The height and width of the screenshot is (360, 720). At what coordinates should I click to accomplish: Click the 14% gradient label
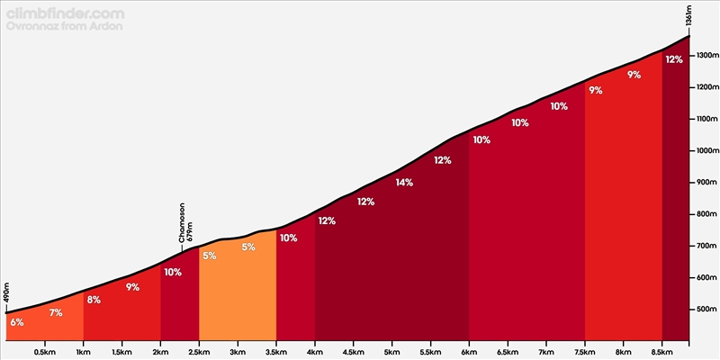[x=404, y=183]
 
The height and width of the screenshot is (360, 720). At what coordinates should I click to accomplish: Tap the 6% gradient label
[x=17, y=322]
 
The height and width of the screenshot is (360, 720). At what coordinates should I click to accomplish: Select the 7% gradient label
[x=56, y=312]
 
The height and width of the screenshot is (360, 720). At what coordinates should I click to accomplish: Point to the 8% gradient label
[x=94, y=300]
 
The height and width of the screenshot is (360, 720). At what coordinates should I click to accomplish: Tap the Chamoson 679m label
[x=185, y=223]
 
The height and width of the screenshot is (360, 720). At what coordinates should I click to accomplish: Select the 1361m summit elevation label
[x=688, y=18]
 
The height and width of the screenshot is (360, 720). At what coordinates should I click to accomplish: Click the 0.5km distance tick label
[x=45, y=351]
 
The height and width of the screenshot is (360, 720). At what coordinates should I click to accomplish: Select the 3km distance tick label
[x=238, y=351]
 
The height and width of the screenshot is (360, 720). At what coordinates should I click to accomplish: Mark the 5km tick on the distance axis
[x=391, y=351]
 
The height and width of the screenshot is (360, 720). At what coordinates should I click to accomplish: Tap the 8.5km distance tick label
[x=661, y=351]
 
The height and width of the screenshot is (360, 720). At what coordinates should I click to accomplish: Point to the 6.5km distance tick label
[x=508, y=351]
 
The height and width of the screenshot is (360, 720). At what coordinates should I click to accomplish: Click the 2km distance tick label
[x=160, y=351]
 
